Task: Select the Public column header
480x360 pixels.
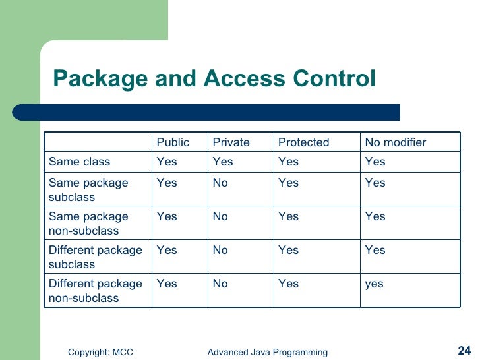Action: point(173,142)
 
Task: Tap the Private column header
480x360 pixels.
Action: point(231,142)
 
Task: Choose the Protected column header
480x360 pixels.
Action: point(303,142)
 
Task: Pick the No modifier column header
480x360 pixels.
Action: point(396,142)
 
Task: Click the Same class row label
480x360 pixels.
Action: point(80,162)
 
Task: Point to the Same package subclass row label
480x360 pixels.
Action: point(88,190)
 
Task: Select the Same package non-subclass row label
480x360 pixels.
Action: point(88,224)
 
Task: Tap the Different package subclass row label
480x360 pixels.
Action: point(95,257)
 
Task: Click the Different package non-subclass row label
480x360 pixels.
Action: point(95,291)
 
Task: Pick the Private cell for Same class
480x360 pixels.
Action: point(223,162)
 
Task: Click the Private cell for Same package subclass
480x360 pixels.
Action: point(220,183)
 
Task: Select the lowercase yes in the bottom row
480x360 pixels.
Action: point(374,284)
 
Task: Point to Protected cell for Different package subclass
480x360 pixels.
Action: point(288,250)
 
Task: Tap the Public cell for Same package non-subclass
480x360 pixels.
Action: point(167,216)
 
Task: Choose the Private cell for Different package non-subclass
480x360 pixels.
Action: point(220,284)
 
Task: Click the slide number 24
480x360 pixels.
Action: point(464,351)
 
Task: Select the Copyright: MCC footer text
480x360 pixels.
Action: point(100,353)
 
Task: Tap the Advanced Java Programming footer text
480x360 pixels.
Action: point(267,353)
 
